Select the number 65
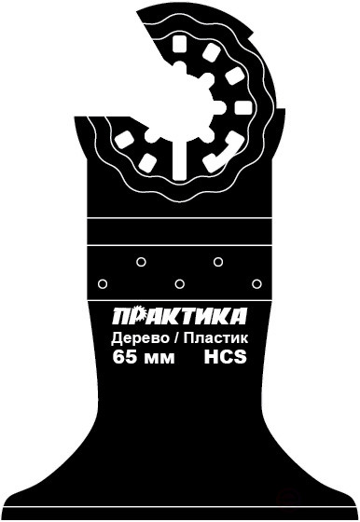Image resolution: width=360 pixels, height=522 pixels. (x=123, y=357)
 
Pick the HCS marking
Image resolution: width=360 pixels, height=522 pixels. (x=225, y=357)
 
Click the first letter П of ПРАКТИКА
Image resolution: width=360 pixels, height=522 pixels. (x=120, y=314)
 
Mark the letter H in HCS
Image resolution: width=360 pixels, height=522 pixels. (x=211, y=357)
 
